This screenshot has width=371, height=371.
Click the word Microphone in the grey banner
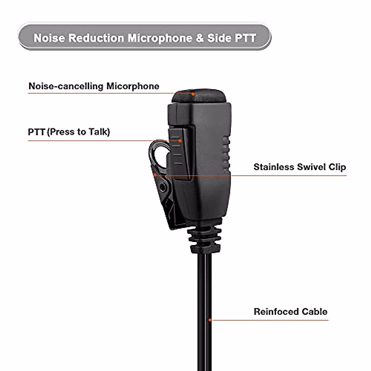click(160, 38)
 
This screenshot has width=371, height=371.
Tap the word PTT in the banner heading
click(245, 38)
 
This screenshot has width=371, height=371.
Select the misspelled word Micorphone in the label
click(133, 86)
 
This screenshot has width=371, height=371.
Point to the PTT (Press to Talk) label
click(69, 132)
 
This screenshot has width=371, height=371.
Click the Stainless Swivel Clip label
click(300, 167)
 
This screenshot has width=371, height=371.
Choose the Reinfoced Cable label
click(290, 311)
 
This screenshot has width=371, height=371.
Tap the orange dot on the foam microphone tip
click(193, 94)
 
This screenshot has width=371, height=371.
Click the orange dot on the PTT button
click(180, 141)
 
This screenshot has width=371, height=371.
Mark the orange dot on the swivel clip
click(155, 174)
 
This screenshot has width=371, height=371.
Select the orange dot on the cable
click(210, 320)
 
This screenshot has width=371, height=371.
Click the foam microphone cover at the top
click(199, 97)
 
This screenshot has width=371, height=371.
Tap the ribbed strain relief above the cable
click(205, 238)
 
